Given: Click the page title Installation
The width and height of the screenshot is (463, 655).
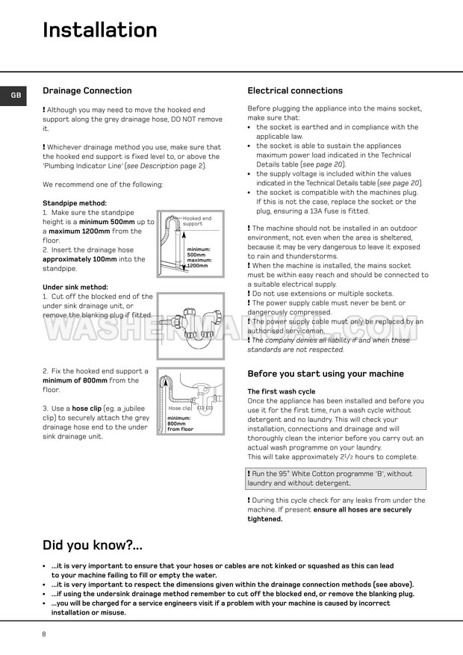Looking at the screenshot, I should [100, 30].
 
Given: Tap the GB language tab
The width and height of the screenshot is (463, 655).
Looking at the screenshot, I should [16, 96].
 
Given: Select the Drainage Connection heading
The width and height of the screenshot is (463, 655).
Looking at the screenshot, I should [87, 91].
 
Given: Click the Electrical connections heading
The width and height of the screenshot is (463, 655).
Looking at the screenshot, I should [295, 91].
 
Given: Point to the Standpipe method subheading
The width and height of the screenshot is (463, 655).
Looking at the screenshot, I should [75, 203].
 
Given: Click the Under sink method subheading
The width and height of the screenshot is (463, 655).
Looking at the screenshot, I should [75, 287].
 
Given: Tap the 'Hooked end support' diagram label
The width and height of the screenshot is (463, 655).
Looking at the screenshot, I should [197, 221].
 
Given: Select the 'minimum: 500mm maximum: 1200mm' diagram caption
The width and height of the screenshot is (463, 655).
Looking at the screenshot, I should [199, 257].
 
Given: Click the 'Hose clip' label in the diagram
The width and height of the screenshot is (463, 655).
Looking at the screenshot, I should [179, 409].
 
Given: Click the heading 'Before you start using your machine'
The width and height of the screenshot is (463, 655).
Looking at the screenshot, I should [326, 373].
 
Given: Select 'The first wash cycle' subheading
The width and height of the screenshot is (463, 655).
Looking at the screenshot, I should [282, 391].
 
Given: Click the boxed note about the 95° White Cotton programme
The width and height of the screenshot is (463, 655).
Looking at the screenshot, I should [336, 478].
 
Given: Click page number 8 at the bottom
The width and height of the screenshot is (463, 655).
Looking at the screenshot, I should [44, 634].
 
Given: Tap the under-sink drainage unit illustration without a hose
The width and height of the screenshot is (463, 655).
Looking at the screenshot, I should [190, 323].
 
